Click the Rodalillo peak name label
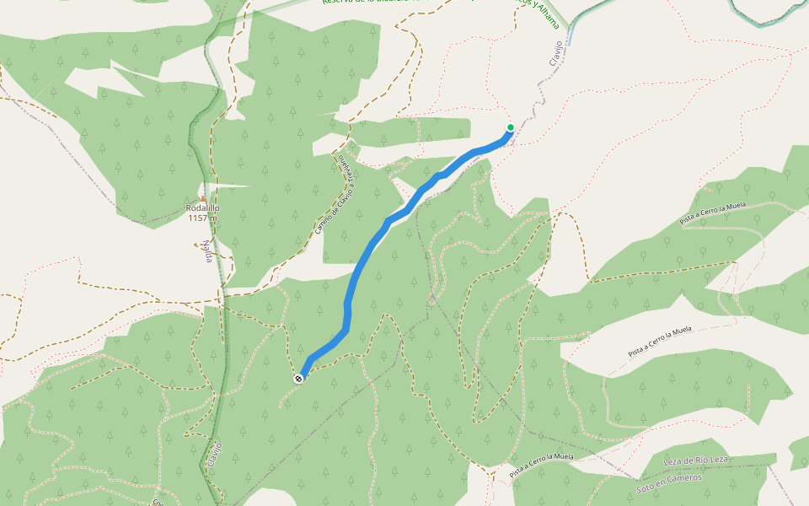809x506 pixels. [202, 208]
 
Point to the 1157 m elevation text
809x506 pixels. [202, 218]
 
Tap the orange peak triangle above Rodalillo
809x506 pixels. [202, 199]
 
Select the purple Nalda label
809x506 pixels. [206, 250]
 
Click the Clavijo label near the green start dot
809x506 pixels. [555, 54]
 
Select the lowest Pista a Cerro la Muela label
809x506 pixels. [542, 466]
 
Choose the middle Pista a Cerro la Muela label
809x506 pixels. [660, 340]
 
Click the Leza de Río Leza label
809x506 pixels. [694, 460]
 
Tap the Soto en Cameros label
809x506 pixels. [669, 478]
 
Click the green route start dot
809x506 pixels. [511, 127]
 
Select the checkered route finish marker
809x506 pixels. [298, 379]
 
